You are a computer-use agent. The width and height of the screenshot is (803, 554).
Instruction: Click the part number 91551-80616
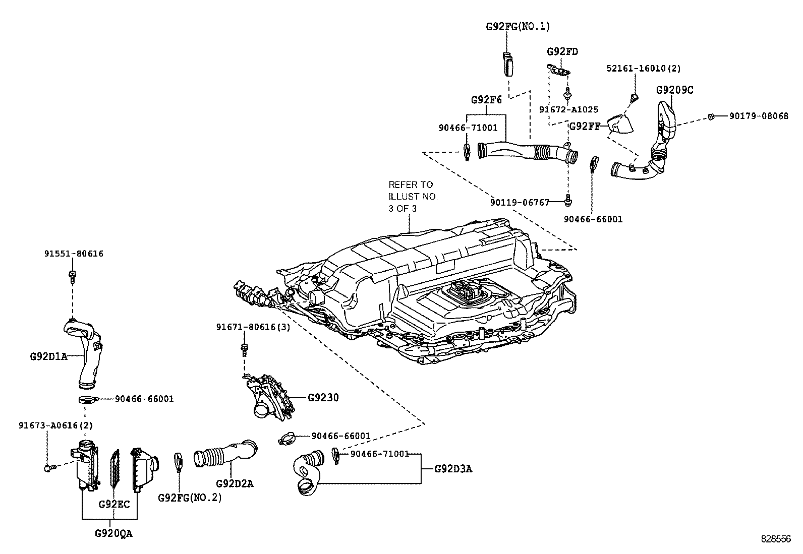click(73, 254)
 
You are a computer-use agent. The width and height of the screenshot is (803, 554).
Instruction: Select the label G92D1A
click(48, 356)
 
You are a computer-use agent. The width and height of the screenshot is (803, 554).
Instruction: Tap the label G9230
click(323, 398)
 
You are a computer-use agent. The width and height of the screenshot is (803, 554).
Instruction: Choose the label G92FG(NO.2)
click(190, 498)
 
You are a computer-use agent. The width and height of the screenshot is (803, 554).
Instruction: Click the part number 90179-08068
click(759, 115)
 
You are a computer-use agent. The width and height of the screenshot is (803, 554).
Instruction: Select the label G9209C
click(674, 90)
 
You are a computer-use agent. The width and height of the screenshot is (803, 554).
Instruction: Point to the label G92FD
click(562, 51)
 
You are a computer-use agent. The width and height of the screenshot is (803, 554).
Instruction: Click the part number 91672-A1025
click(568, 109)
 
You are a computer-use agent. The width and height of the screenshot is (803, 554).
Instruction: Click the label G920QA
click(113, 533)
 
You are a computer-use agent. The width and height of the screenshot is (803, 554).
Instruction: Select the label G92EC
click(114, 504)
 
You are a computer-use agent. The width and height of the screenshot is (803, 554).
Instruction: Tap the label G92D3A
click(453, 469)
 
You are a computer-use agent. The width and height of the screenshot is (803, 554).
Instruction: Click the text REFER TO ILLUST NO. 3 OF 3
click(413, 196)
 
